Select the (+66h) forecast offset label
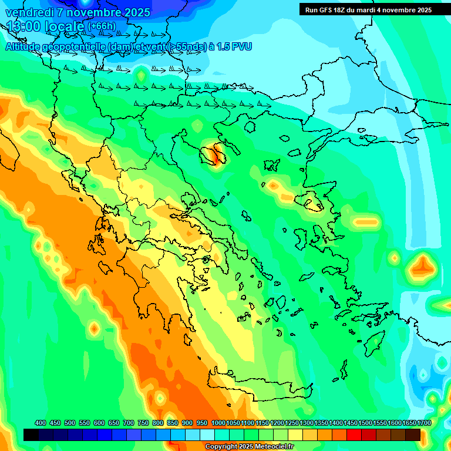point(102,26)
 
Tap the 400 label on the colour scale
point(41,423)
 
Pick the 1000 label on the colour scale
point(218,423)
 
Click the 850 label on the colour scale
point(173,423)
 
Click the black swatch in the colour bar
point(31,435)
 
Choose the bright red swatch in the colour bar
point(354,435)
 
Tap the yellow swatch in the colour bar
point(295,435)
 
